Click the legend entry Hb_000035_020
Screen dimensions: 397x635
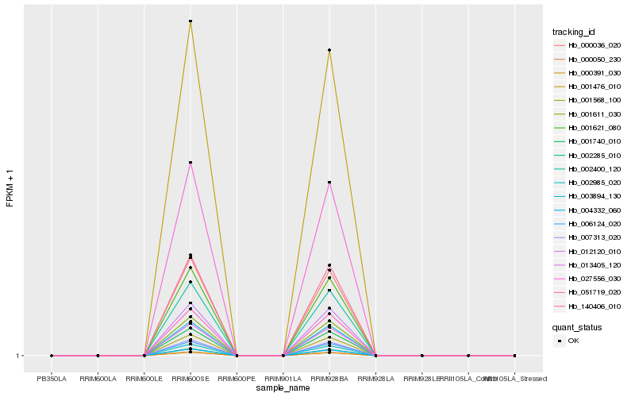(588, 45)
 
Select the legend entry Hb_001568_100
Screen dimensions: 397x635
(588, 100)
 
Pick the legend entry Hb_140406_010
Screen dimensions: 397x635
(588, 306)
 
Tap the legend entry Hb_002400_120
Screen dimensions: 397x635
(588, 168)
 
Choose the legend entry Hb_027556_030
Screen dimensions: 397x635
(588, 278)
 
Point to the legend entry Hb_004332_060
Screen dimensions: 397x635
(588, 210)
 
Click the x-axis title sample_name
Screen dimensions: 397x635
(283, 388)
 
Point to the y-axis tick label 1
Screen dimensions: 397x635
(17, 356)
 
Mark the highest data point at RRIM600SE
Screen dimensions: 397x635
(190, 21)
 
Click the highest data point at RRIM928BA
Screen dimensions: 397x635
(329, 50)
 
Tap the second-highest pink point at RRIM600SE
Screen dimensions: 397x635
(190, 163)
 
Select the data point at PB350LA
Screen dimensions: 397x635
(52, 356)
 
